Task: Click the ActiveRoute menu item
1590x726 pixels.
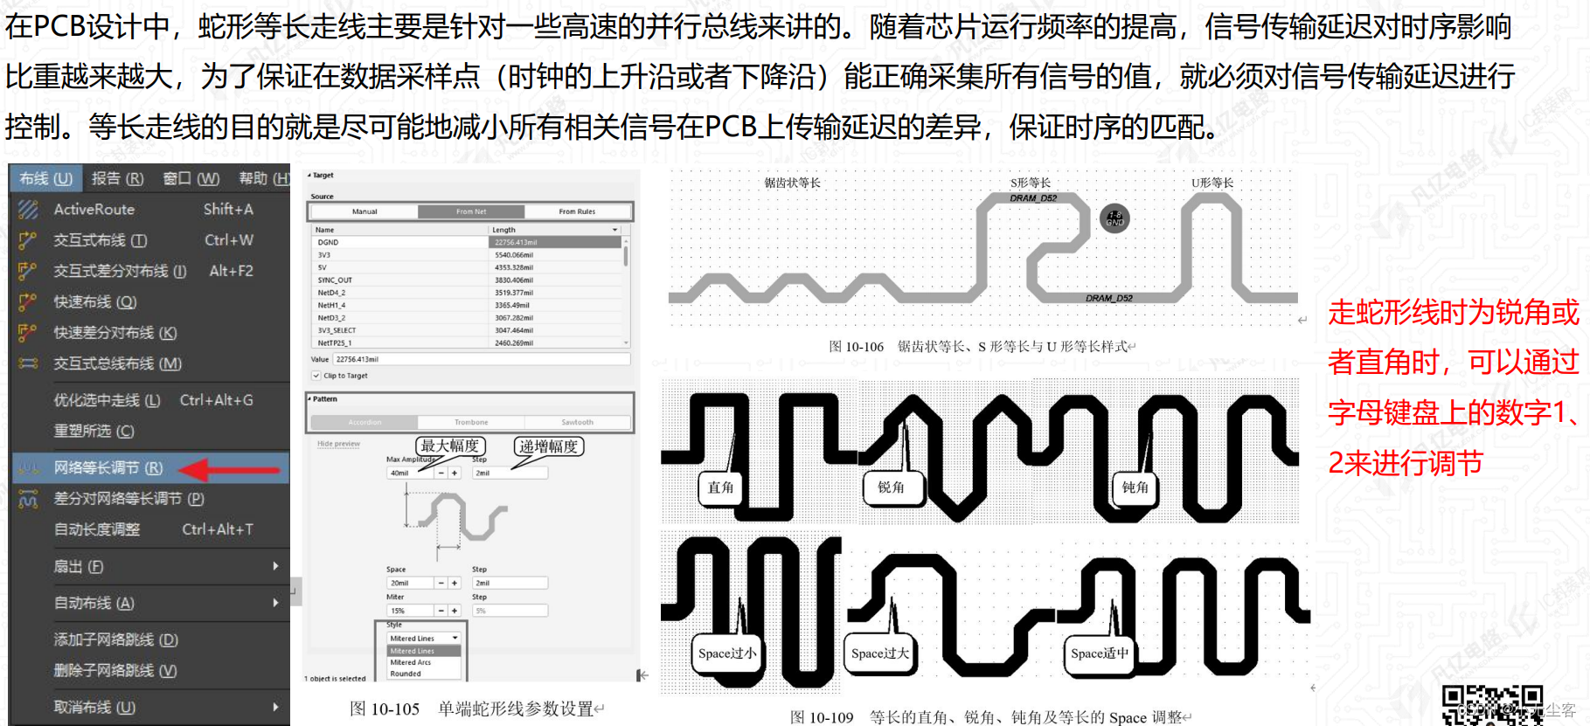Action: (x=94, y=210)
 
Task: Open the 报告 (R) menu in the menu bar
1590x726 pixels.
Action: (x=117, y=179)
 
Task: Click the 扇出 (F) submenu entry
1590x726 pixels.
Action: (x=79, y=567)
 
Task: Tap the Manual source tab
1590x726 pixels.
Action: (x=365, y=211)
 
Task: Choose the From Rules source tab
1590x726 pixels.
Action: (x=577, y=211)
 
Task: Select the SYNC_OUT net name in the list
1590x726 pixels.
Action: (x=335, y=280)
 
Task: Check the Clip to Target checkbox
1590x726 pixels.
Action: (x=316, y=376)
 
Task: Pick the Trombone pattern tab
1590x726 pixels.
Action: (x=471, y=422)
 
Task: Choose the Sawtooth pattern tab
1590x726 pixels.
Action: (x=577, y=422)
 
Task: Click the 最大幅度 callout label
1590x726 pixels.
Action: (x=450, y=446)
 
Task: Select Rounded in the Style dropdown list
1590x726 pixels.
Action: (x=406, y=674)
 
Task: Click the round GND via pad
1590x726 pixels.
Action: (x=1114, y=218)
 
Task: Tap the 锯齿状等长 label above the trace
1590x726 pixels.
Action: (x=792, y=183)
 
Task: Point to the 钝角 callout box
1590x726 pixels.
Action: (x=1135, y=487)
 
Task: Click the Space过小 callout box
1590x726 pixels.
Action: (x=726, y=653)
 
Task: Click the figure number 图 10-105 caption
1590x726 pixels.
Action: (x=385, y=709)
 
